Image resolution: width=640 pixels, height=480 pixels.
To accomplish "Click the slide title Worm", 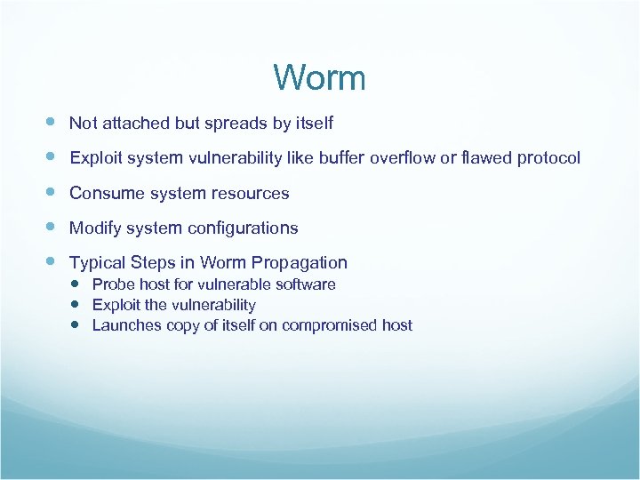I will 320,78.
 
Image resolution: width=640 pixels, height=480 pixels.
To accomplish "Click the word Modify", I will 94,228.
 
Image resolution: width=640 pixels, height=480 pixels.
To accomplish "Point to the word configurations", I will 242,228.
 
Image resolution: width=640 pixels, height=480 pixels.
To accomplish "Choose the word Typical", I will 98,263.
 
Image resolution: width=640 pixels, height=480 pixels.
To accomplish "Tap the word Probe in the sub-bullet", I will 112,284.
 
